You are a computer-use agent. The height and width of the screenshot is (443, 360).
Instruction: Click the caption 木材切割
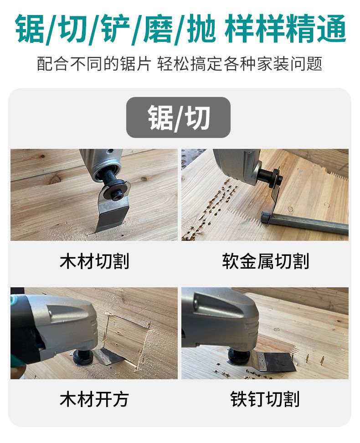pos(94,261)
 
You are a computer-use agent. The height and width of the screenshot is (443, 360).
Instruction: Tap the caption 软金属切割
pos(265,261)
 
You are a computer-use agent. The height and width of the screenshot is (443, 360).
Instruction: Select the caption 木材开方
pos(94,399)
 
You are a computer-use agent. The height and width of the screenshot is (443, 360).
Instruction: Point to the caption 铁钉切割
pos(265,399)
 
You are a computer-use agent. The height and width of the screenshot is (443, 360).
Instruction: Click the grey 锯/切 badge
pos(178,117)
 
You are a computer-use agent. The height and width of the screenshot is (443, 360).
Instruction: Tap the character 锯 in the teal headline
pos(30,28)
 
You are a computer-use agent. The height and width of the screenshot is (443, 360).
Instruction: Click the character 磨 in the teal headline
pos(159,28)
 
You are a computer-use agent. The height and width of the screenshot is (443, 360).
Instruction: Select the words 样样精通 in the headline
pos(286,28)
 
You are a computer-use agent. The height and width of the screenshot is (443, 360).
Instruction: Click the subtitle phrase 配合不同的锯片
pos(94,64)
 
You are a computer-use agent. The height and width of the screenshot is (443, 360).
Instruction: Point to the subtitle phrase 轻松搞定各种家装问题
pos(240,64)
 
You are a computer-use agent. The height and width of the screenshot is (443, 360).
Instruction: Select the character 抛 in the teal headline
pos(201,28)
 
